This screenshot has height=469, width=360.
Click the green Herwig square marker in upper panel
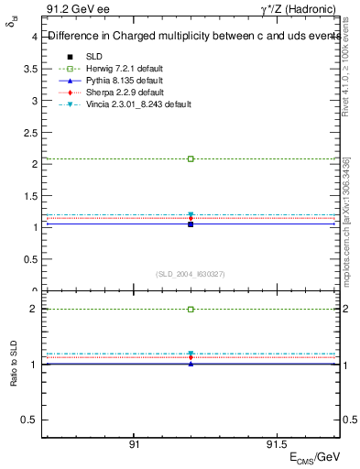pos(191,158)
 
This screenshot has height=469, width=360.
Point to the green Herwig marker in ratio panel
pos(191,310)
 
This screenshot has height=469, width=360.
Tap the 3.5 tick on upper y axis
pos(29,69)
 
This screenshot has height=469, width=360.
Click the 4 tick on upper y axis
pos(34,38)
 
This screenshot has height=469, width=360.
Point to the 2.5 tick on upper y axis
pos(29,132)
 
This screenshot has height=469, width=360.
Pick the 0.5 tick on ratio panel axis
pos(29,420)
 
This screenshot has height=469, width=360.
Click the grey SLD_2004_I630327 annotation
pos(191,274)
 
